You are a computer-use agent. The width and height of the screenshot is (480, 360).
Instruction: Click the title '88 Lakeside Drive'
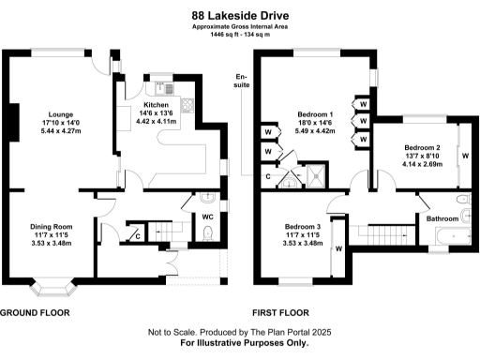coord(239,15)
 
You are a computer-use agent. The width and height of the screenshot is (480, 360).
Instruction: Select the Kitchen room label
coord(156,105)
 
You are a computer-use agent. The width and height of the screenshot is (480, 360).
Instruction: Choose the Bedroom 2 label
coord(421,147)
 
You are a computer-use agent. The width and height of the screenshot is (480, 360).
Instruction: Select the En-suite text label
coord(242,81)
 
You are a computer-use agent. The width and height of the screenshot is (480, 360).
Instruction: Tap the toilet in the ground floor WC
coord(208,232)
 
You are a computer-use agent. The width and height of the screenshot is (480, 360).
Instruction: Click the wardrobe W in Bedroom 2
coord(464,153)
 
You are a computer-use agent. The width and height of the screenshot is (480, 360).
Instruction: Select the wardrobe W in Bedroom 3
coord(338,248)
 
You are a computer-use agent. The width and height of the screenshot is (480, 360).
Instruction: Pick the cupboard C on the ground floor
coord(137,235)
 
